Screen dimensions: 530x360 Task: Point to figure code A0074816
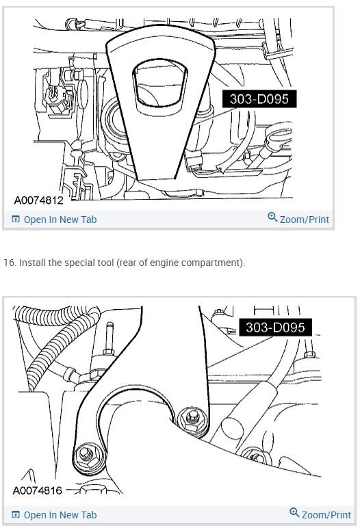[41, 491]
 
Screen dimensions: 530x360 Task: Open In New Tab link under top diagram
[60, 220]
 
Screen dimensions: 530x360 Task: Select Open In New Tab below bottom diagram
[60, 515]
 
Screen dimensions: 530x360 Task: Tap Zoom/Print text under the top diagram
[304, 220]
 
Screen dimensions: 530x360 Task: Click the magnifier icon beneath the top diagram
[272, 218]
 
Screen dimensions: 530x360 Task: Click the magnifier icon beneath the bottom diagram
[294, 513]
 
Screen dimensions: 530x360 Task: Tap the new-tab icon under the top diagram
[16, 220]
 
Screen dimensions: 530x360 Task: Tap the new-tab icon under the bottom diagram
[16, 515]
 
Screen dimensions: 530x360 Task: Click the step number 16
[9, 263]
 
